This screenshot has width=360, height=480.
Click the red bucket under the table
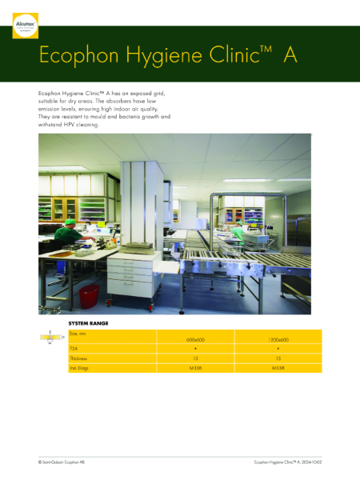click(x=89, y=293)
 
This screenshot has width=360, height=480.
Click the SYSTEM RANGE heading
click(x=89, y=323)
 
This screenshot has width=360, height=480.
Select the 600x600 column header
click(x=195, y=340)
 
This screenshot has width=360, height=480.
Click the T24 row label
click(x=74, y=349)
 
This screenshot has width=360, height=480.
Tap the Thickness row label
click(x=79, y=358)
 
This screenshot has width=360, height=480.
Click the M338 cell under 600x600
click(x=195, y=368)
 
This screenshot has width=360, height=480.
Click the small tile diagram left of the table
click(x=51, y=338)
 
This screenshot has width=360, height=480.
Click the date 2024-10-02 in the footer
click(x=312, y=462)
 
